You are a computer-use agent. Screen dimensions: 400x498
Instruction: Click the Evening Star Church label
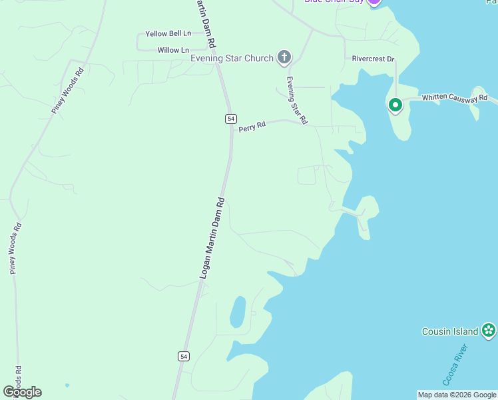pos(232,58)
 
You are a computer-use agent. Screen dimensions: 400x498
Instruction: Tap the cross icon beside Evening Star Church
pos(284,57)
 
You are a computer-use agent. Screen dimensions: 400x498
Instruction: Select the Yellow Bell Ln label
pos(168,33)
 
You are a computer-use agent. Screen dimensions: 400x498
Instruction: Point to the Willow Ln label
pos(173,50)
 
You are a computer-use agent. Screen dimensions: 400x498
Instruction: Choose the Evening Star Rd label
pos(296,101)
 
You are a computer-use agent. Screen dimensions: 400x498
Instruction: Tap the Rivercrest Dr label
pos(373,59)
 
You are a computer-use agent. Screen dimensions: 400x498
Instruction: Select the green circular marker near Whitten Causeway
pos(395,105)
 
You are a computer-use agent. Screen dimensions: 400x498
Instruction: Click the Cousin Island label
pos(450,331)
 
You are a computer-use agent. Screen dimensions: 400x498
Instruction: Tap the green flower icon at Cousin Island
pos(489,330)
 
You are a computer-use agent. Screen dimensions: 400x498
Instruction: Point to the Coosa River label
pos(456,365)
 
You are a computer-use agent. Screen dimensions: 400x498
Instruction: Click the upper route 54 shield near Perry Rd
pos(230,118)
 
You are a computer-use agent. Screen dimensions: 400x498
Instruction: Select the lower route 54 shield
pos(184,356)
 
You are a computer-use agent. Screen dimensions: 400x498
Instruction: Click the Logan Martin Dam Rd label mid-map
pos(212,238)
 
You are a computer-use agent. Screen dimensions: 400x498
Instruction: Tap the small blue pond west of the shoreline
pos(237,312)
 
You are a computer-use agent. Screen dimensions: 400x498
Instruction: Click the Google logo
pos(22,392)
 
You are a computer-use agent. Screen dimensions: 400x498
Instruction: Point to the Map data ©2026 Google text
pos(456,395)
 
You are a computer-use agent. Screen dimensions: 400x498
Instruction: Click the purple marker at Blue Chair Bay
pos(373,1)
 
